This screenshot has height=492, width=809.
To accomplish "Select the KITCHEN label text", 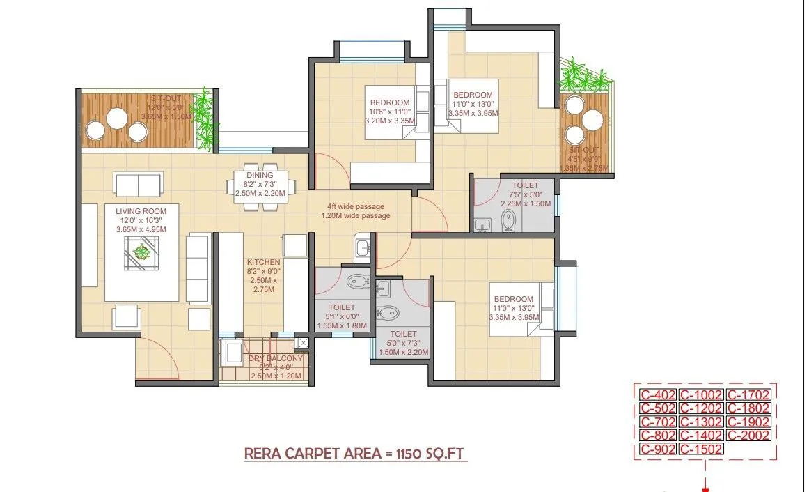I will click(263, 262).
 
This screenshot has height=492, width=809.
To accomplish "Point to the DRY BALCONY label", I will click(276, 358).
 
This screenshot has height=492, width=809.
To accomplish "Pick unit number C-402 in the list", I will click(657, 395).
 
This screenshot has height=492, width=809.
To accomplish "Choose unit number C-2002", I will click(748, 436).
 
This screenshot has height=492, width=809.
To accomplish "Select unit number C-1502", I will click(701, 449).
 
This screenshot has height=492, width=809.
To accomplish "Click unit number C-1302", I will click(701, 422).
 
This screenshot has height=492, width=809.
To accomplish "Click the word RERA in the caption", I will click(262, 454).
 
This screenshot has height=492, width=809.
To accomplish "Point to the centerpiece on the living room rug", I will click(141, 252).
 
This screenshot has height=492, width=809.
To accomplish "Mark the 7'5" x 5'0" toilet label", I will click(526, 186).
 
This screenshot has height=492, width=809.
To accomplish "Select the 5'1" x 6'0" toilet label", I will click(341, 307).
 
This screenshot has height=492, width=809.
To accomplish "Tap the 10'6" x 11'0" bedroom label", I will click(391, 103).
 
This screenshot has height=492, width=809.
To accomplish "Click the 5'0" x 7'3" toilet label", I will click(403, 335).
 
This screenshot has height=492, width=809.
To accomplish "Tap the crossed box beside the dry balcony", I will click(302, 342).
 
